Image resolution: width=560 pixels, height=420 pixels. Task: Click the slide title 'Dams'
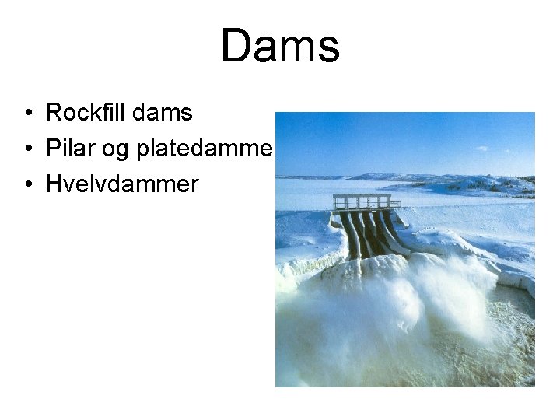(280, 46)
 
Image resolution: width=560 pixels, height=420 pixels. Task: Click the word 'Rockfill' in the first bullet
(86, 113)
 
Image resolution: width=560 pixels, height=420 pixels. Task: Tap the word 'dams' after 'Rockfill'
(163, 113)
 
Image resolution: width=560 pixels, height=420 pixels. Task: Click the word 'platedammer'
(206, 149)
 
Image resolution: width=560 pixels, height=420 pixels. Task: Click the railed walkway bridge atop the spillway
(366, 201)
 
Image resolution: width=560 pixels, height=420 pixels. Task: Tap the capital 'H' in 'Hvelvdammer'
(54, 184)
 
